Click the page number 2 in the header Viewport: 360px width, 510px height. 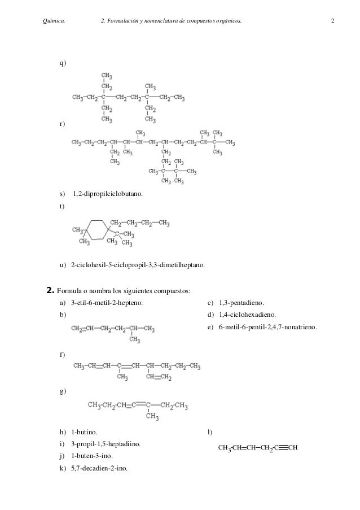tap(333, 21)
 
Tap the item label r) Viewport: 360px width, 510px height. tap(62, 123)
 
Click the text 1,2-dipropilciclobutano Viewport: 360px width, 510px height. tap(108, 194)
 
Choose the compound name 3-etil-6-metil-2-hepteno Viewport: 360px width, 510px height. tap(107, 303)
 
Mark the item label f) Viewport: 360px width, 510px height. tap(62, 354)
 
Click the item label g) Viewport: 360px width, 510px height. tap(63, 391)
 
